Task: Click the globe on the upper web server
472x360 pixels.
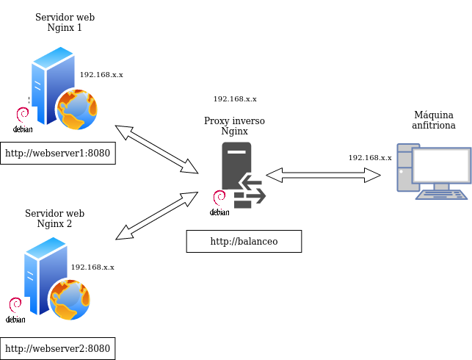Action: click(x=77, y=109)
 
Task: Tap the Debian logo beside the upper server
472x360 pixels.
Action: click(x=22, y=119)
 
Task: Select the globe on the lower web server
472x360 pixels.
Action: click(x=70, y=299)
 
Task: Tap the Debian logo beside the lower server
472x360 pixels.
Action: click(x=15, y=309)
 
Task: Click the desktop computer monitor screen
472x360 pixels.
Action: click(x=440, y=165)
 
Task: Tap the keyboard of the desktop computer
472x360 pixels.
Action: click(x=441, y=195)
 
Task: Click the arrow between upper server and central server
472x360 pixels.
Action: click(x=156, y=149)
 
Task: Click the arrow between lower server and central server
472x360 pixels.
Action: click(x=156, y=215)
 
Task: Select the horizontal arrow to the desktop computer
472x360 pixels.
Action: click(x=323, y=175)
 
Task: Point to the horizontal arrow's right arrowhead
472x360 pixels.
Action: click(x=373, y=175)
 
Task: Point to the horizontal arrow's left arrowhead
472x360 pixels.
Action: click(x=274, y=175)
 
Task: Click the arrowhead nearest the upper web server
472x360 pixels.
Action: click(x=123, y=132)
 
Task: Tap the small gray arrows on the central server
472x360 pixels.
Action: click(x=253, y=189)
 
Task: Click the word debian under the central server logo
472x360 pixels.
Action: click(x=219, y=212)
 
